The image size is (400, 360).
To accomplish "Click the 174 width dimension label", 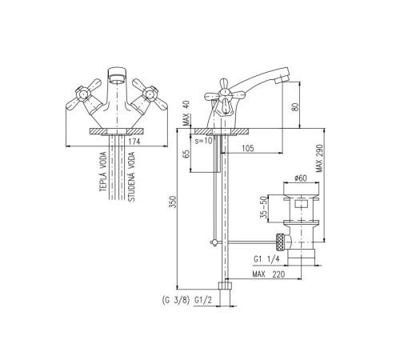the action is tap(134, 142).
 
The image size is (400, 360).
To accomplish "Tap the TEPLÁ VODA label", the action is tap(103, 171).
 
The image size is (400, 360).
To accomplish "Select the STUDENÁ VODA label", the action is tap(131, 176).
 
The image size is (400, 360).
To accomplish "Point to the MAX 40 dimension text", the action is tap(186, 113).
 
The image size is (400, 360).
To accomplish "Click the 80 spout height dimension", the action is tap(295, 106).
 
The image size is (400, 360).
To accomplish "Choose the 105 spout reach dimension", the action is tap(248, 148).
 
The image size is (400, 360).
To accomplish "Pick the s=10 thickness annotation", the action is tap(204, 141).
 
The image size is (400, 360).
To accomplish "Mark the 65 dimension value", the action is tap(187, 154).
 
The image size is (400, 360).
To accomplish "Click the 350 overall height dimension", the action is tap(174, 202).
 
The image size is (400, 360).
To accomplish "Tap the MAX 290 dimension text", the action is tap(319, 158).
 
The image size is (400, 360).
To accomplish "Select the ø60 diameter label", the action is tap(301, 178).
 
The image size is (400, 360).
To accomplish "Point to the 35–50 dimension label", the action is tap(264, 207).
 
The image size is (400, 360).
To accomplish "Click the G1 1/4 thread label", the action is tap(266, 259).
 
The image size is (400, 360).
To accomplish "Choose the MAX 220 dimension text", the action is tap(269, 274).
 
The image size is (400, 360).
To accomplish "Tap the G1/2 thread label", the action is tap(203, 301).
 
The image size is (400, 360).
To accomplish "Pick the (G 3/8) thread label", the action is tap(175, 301).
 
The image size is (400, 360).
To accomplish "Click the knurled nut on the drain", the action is tap(280, 242).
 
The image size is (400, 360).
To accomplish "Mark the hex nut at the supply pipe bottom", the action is tap(226, 286).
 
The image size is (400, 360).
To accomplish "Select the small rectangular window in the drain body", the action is tap(302, 206).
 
